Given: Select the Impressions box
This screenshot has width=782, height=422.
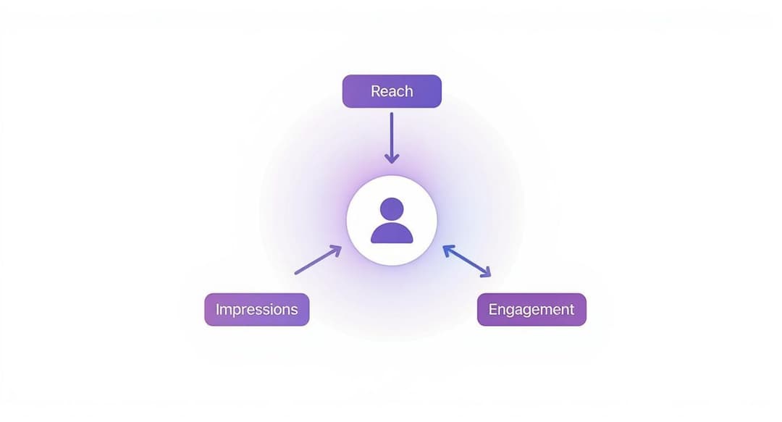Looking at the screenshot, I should [x=256, y=309].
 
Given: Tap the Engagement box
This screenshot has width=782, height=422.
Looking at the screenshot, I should [x=531, y=309].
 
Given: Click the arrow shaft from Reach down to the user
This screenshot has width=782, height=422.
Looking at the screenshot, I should [x=391, y=134].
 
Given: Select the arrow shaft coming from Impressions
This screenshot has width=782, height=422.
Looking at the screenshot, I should [x=315, y=261].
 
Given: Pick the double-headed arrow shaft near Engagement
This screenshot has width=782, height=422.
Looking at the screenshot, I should [x=467, y=261].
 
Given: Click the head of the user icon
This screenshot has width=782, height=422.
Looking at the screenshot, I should [x=392, y=208].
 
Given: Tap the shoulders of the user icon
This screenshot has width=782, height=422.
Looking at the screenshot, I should [x=392, y=233].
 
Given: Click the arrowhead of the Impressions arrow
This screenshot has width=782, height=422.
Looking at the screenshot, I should [x=336, y=249].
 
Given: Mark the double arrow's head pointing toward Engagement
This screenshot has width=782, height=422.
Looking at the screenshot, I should [x=486, y=273].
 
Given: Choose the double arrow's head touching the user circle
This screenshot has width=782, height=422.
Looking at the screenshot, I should [x=447, y=250].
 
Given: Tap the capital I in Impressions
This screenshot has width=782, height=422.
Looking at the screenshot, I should [x=217, y=309].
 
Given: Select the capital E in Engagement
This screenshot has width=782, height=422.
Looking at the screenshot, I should [x=493, y=309].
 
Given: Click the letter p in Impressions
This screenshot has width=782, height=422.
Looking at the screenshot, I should [x=238, y=311].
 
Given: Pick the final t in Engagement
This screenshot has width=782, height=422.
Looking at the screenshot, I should [x=571, y=309].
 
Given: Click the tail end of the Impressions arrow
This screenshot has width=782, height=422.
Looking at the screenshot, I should [x=295, y=274].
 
